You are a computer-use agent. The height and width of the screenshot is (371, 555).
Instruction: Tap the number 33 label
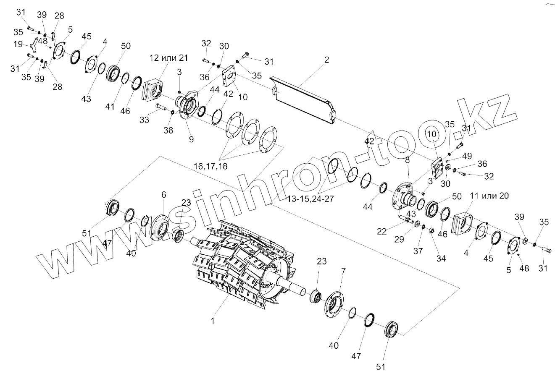pos(144,120)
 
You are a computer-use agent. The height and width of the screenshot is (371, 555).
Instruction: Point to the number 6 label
pos(163,194)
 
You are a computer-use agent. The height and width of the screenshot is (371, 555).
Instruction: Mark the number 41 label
pos(110,107)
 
